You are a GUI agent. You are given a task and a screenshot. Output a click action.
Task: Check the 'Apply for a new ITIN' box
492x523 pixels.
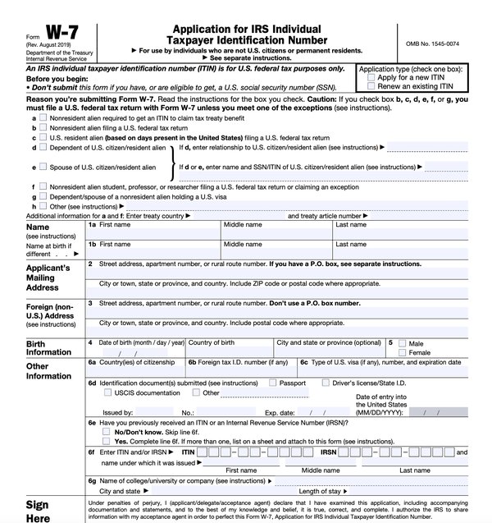(x=373, y=76)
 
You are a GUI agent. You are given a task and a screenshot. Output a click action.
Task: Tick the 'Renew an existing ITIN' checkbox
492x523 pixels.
(x=373, y=85)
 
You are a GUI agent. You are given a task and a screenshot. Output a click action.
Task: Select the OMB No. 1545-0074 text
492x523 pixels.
(x=434, y=43)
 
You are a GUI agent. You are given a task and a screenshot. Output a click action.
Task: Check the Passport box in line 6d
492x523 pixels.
(x=273, y=383)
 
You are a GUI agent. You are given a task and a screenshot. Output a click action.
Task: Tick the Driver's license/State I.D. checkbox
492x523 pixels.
(x=326, y=383)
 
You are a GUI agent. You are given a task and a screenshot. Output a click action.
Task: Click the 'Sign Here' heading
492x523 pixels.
(x=37, y=511)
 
